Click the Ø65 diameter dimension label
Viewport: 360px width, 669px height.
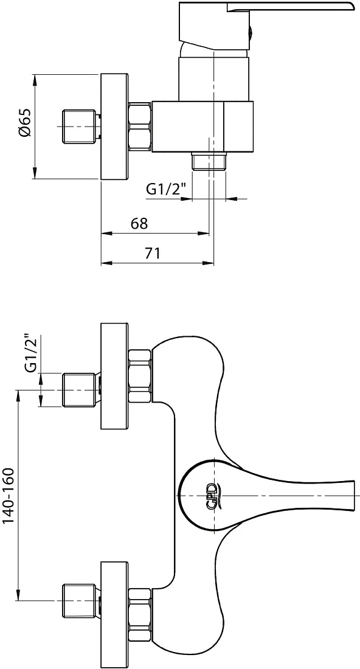[x=25, y=122]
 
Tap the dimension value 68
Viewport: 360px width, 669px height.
[x=139, y=224]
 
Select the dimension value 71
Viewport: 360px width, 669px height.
[x=152, y=254]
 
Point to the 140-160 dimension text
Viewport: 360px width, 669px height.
[x=9, y=496]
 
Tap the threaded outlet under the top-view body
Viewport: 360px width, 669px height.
[x=209, y=161]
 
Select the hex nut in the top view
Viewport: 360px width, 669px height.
[x=140, y=127]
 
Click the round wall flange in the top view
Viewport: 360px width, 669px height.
[x=114, y=127]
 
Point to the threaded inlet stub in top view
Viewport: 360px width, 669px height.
[x=79, y=127]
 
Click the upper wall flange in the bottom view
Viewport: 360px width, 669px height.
[x=114, y=376]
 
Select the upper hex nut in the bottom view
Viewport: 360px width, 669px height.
[x=140, y=376]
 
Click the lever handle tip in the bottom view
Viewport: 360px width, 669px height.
[x=353, y=496]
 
